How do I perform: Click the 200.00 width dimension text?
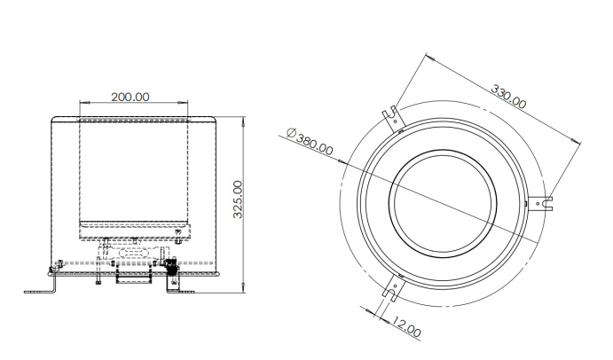tap(130, 96)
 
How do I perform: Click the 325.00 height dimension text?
tap(237, 199)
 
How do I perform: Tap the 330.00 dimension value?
tap(508, 97)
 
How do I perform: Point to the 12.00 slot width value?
tap(408, 328)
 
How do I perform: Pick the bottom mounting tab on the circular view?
tap(390, 289)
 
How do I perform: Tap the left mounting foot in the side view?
tap(40, 288)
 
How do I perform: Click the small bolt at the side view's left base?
tap(59, 264)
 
